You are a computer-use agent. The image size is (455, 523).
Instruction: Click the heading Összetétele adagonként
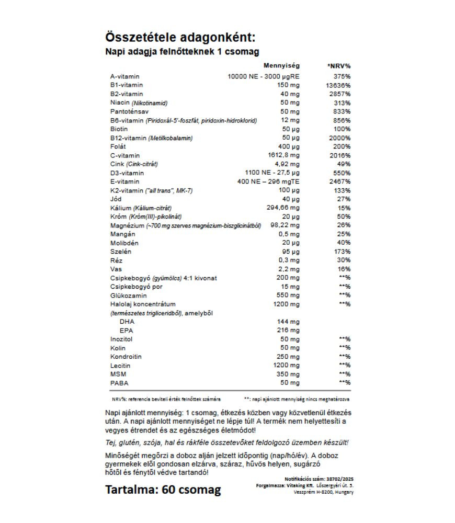point(180,38)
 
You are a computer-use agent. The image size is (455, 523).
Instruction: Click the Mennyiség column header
point(281,66)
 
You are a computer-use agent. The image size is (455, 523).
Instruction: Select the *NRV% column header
point(338,66)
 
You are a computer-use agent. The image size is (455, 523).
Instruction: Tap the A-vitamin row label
point(125,76)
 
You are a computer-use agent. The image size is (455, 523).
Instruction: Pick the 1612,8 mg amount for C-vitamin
point(285,155)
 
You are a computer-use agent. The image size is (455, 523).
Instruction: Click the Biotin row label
point(119,129)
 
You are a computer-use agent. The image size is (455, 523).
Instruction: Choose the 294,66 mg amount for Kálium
point(285,208)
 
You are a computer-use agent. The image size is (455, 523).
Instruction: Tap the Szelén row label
point(121,252)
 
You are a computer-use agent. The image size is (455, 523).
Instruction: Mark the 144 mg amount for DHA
point(288,322)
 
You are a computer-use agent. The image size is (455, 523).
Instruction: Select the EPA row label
point(126,331)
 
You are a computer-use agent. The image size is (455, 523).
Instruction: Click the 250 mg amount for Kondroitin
point(288,357)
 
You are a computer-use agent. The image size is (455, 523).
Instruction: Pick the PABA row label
point(119,383)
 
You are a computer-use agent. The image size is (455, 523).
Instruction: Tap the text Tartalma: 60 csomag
point(163,490)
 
